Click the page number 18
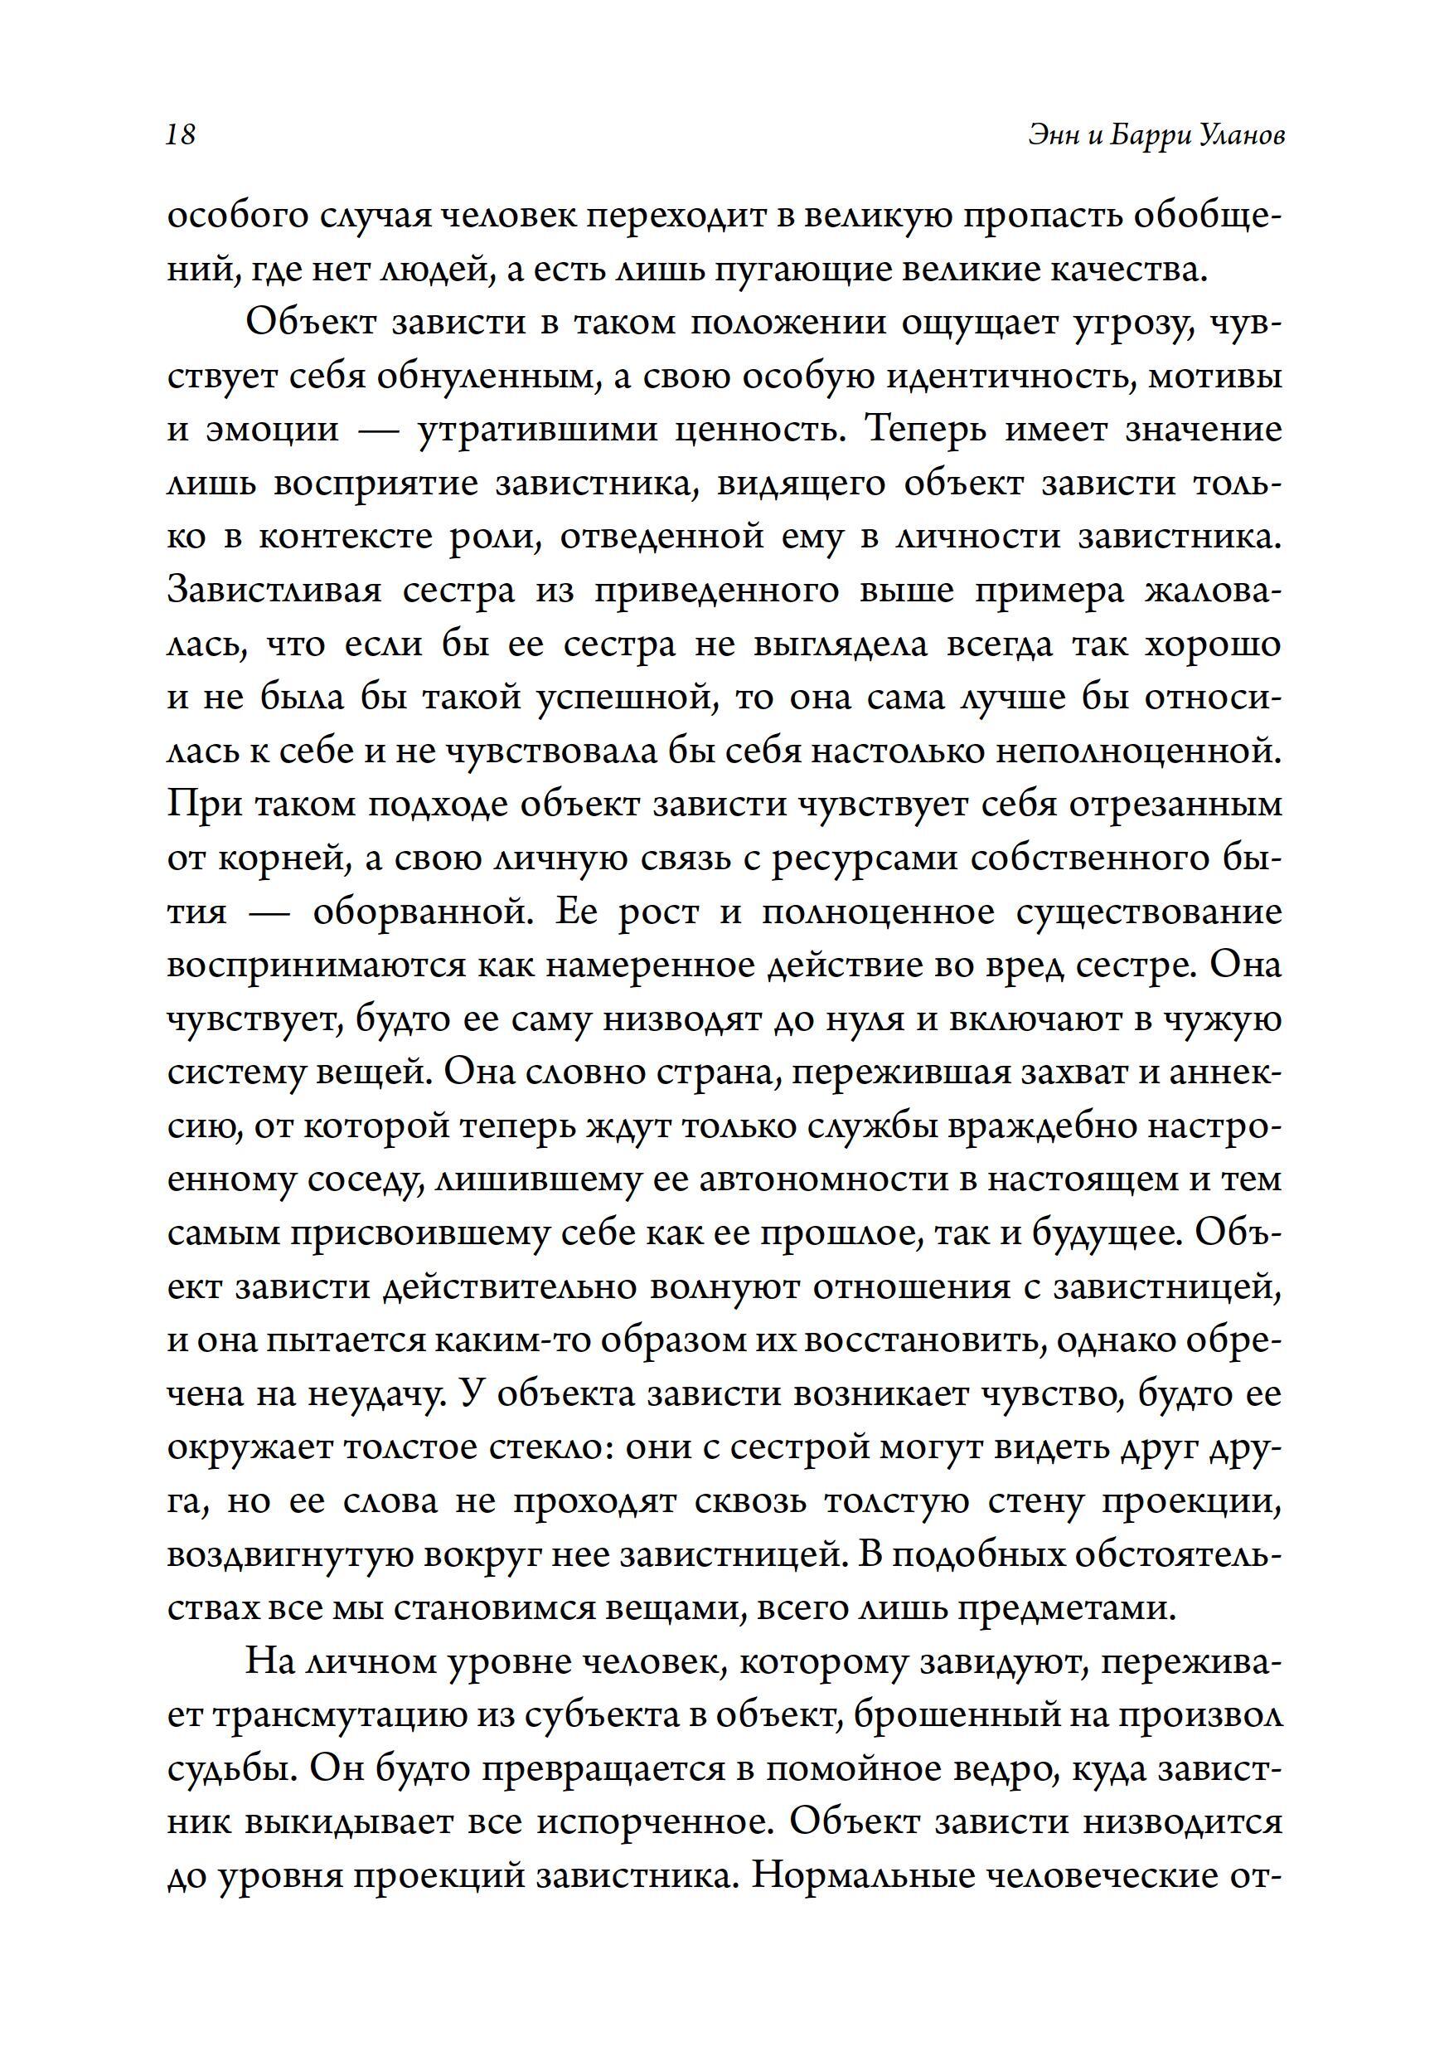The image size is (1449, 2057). tap(181, 134)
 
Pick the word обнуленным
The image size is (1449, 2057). tap(487, 377)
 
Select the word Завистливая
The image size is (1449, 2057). tap(275, 591)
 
